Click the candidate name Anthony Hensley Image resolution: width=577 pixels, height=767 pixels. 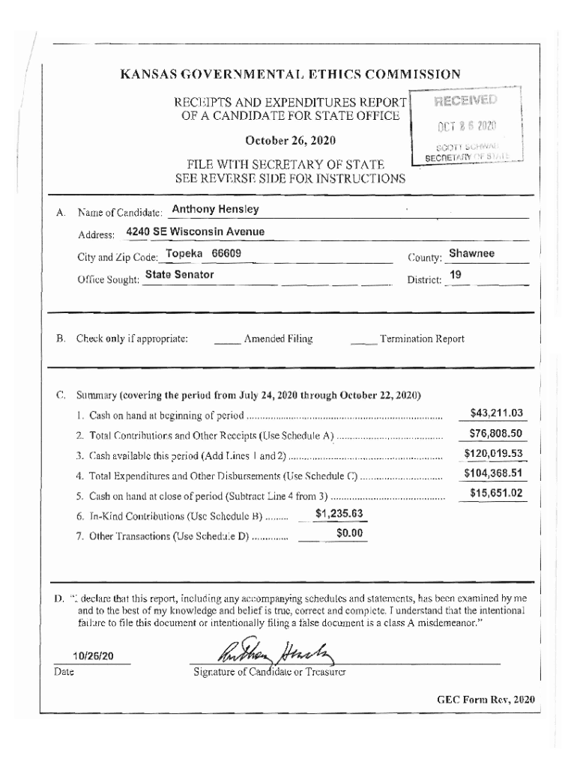tap(215, 209)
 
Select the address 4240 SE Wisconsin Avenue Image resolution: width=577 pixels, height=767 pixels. tap(195, 231)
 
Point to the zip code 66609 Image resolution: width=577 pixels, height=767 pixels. tap(226, 253)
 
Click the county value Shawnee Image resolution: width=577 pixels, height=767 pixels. tap(471, 253)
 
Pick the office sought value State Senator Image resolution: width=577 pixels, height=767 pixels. tap(179, 275)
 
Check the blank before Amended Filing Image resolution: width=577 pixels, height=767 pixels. tap(226, 339)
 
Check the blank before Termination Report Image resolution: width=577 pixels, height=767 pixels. tap(363, 339)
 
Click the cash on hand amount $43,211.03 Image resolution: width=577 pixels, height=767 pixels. tap(495, 413)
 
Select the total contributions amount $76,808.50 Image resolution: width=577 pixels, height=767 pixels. tap(495, 434)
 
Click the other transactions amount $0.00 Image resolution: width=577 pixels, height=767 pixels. tap(349, 533)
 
